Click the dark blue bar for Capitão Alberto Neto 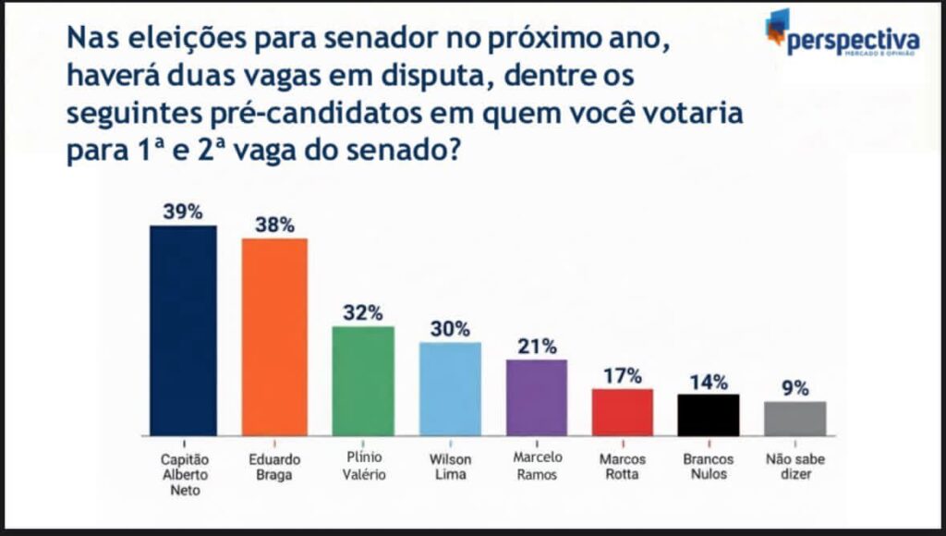click(x=183, y=330)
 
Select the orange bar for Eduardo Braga click(x=274, y=336)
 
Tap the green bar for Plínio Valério click(x=363, y=380)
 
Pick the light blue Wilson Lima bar click(x=450, y=388)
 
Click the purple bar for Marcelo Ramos click(x=537, y=396)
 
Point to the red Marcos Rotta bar click(x=623, y=411)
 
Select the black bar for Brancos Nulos click(x=709, y=414)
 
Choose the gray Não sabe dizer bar click(x=794, y=418)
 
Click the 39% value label click(x=183, y=212)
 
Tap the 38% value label click(x=274, y=225)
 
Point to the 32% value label click(x=363, y=312)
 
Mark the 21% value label click(x=537, y=347)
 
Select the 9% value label click(x=794, y=388)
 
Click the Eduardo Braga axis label click(x=274, y=467)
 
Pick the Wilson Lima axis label click(x=450, y=467)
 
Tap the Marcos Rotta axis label click(x=623, y=467)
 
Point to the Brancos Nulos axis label click(x=709, y=467)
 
